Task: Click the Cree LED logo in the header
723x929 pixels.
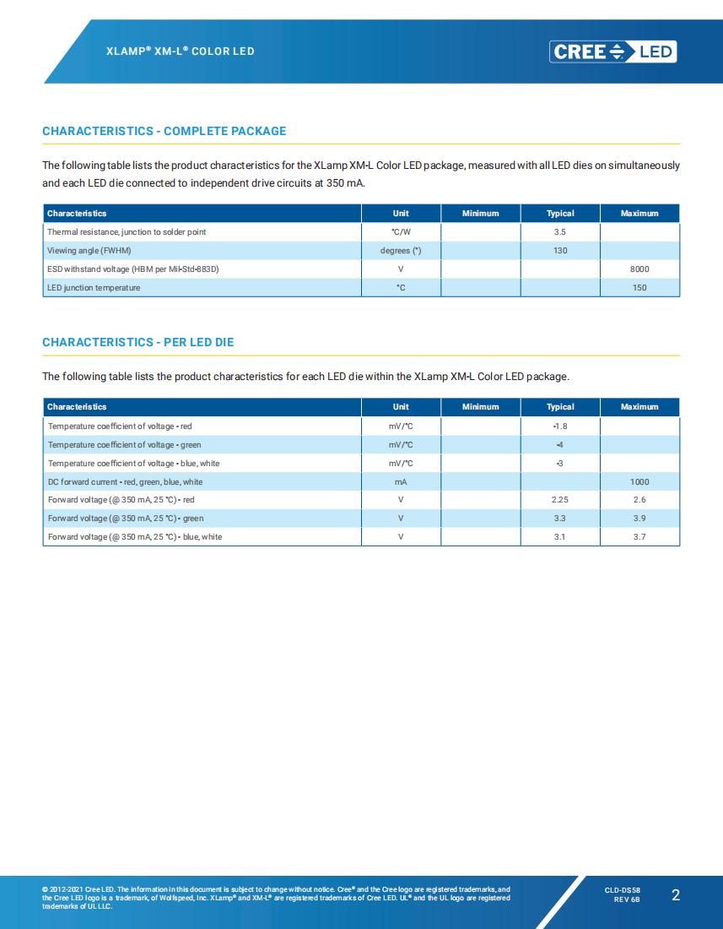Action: tap(613, 52)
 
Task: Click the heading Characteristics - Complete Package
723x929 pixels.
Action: tap(164, 131)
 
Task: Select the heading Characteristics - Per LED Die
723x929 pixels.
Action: tap(138, 342)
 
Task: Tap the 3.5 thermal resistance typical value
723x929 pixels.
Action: tap(560, 231)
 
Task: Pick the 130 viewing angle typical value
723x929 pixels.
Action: tap(560, 251)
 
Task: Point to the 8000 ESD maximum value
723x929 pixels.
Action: tap(639, 269)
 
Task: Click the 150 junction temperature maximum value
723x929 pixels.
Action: tap(639, 288)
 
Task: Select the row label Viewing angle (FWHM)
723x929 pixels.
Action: tap(89, 251)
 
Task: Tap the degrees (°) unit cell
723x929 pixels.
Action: tap(401, 251)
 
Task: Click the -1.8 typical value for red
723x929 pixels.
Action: tap(560, 426)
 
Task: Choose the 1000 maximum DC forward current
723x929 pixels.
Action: tap(639, 481)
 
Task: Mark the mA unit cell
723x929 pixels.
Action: tap(401, 481)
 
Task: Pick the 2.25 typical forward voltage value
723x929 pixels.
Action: tap(560, 500)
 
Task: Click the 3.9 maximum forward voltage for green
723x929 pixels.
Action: tap(639, 519)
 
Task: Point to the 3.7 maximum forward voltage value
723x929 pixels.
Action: tap(639, 537)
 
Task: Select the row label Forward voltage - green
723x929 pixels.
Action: tap(126, 519)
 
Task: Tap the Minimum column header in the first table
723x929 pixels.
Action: tap(481, 214)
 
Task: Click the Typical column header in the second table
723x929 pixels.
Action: tap(560, 407)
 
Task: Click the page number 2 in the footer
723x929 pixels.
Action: tap(675, 896)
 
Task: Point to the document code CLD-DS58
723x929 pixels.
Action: tap(623, 890)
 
